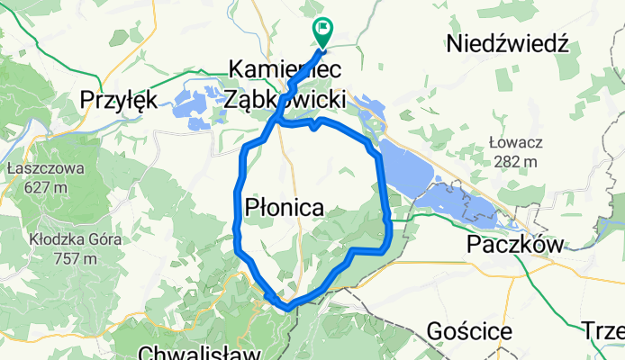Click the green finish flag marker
pos(322,31)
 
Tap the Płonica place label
pos(285,208)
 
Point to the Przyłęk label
pos(120,97)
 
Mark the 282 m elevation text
pos(512,161)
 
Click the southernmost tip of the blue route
pos(286,309)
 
